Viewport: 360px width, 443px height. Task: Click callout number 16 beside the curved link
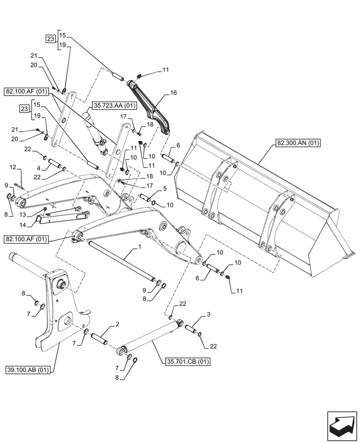tap(173, 93)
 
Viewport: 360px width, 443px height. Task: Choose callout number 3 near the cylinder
tap(208, 315)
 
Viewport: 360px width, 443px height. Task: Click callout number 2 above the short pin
tap(117, 325)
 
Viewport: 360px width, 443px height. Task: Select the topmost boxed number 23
tap(51, 39)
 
